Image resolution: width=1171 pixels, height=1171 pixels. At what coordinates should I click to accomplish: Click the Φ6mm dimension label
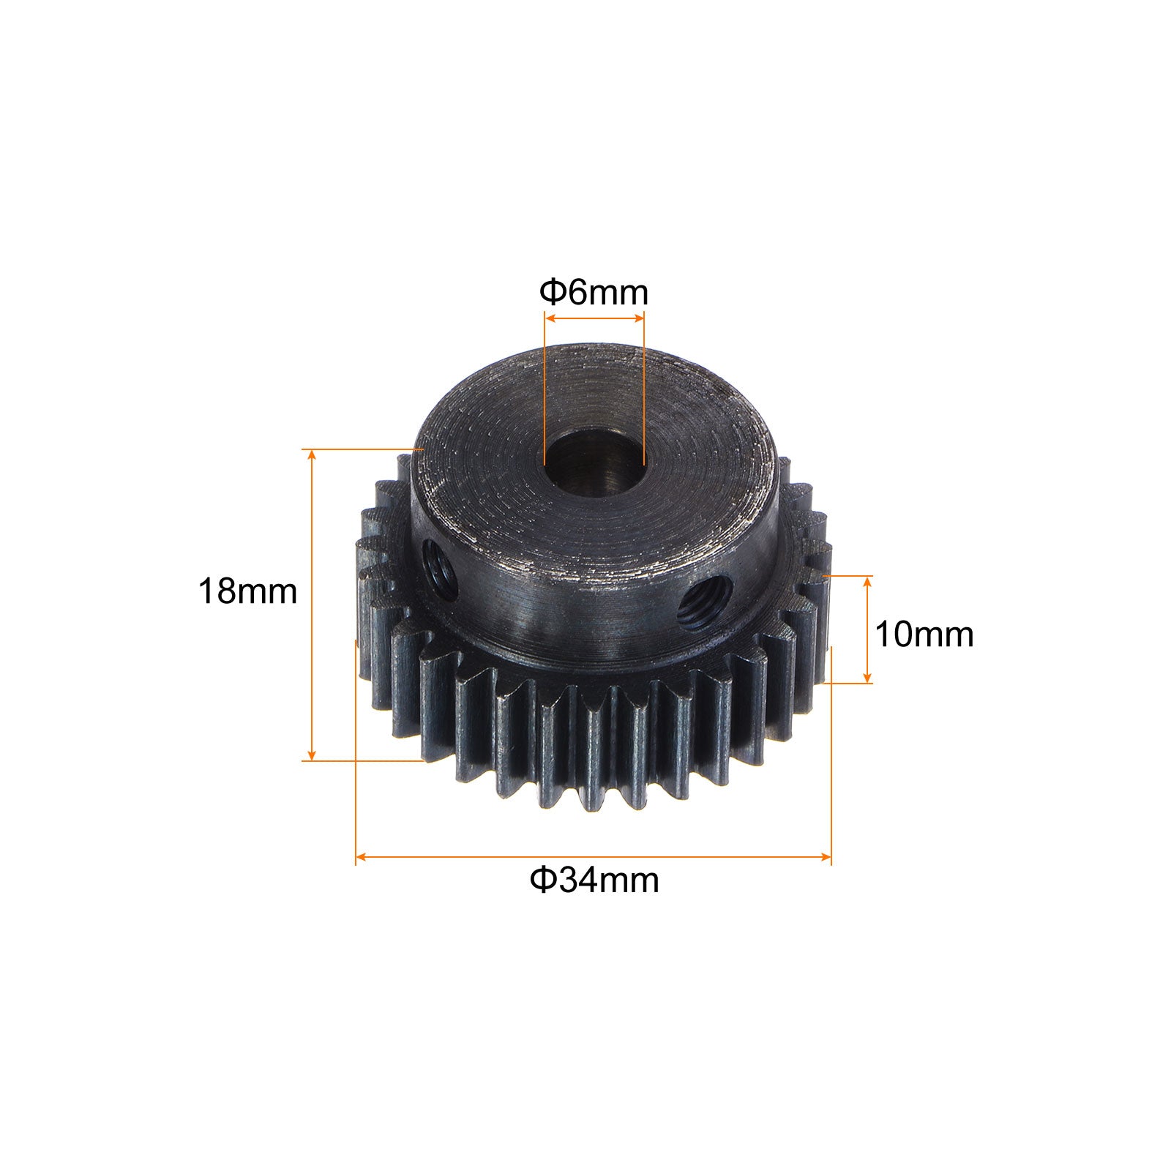pos(594,293)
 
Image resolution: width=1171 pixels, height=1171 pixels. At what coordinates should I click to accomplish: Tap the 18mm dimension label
pos(247,591)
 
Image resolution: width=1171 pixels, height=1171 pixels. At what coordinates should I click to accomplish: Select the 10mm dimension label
pos(924,634)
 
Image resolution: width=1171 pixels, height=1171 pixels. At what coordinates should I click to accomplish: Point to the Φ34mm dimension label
pos(594,880)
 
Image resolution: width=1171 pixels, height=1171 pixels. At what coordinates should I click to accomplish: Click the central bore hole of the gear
pos(594,463)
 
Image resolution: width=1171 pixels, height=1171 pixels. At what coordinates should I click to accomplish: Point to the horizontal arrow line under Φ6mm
pos(594,318)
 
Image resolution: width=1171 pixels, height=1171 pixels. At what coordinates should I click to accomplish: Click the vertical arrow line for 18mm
pos(313,605)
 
